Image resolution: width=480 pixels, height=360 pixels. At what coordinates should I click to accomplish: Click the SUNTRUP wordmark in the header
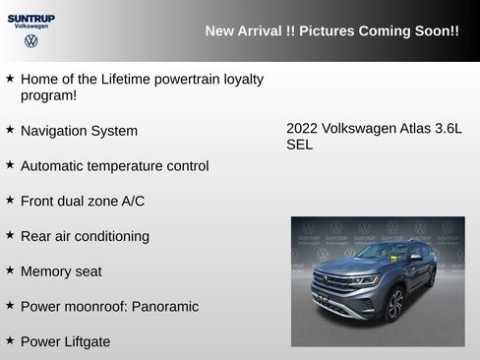click(x=31, y=18)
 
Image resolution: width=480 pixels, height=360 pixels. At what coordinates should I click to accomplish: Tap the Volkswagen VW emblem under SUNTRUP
click(x=31, y=42)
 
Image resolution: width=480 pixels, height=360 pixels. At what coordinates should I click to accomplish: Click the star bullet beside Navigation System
click(x=10, y=130)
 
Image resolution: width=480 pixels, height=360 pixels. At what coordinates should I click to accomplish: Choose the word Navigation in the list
click(x=56, y=131)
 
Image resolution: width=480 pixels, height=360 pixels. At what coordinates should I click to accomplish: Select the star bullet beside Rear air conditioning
click(x=10, y=235)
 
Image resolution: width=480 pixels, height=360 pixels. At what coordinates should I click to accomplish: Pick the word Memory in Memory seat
click(x=46, y=271)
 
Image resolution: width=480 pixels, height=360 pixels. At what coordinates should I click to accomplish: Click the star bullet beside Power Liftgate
click(x=10, y=340)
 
